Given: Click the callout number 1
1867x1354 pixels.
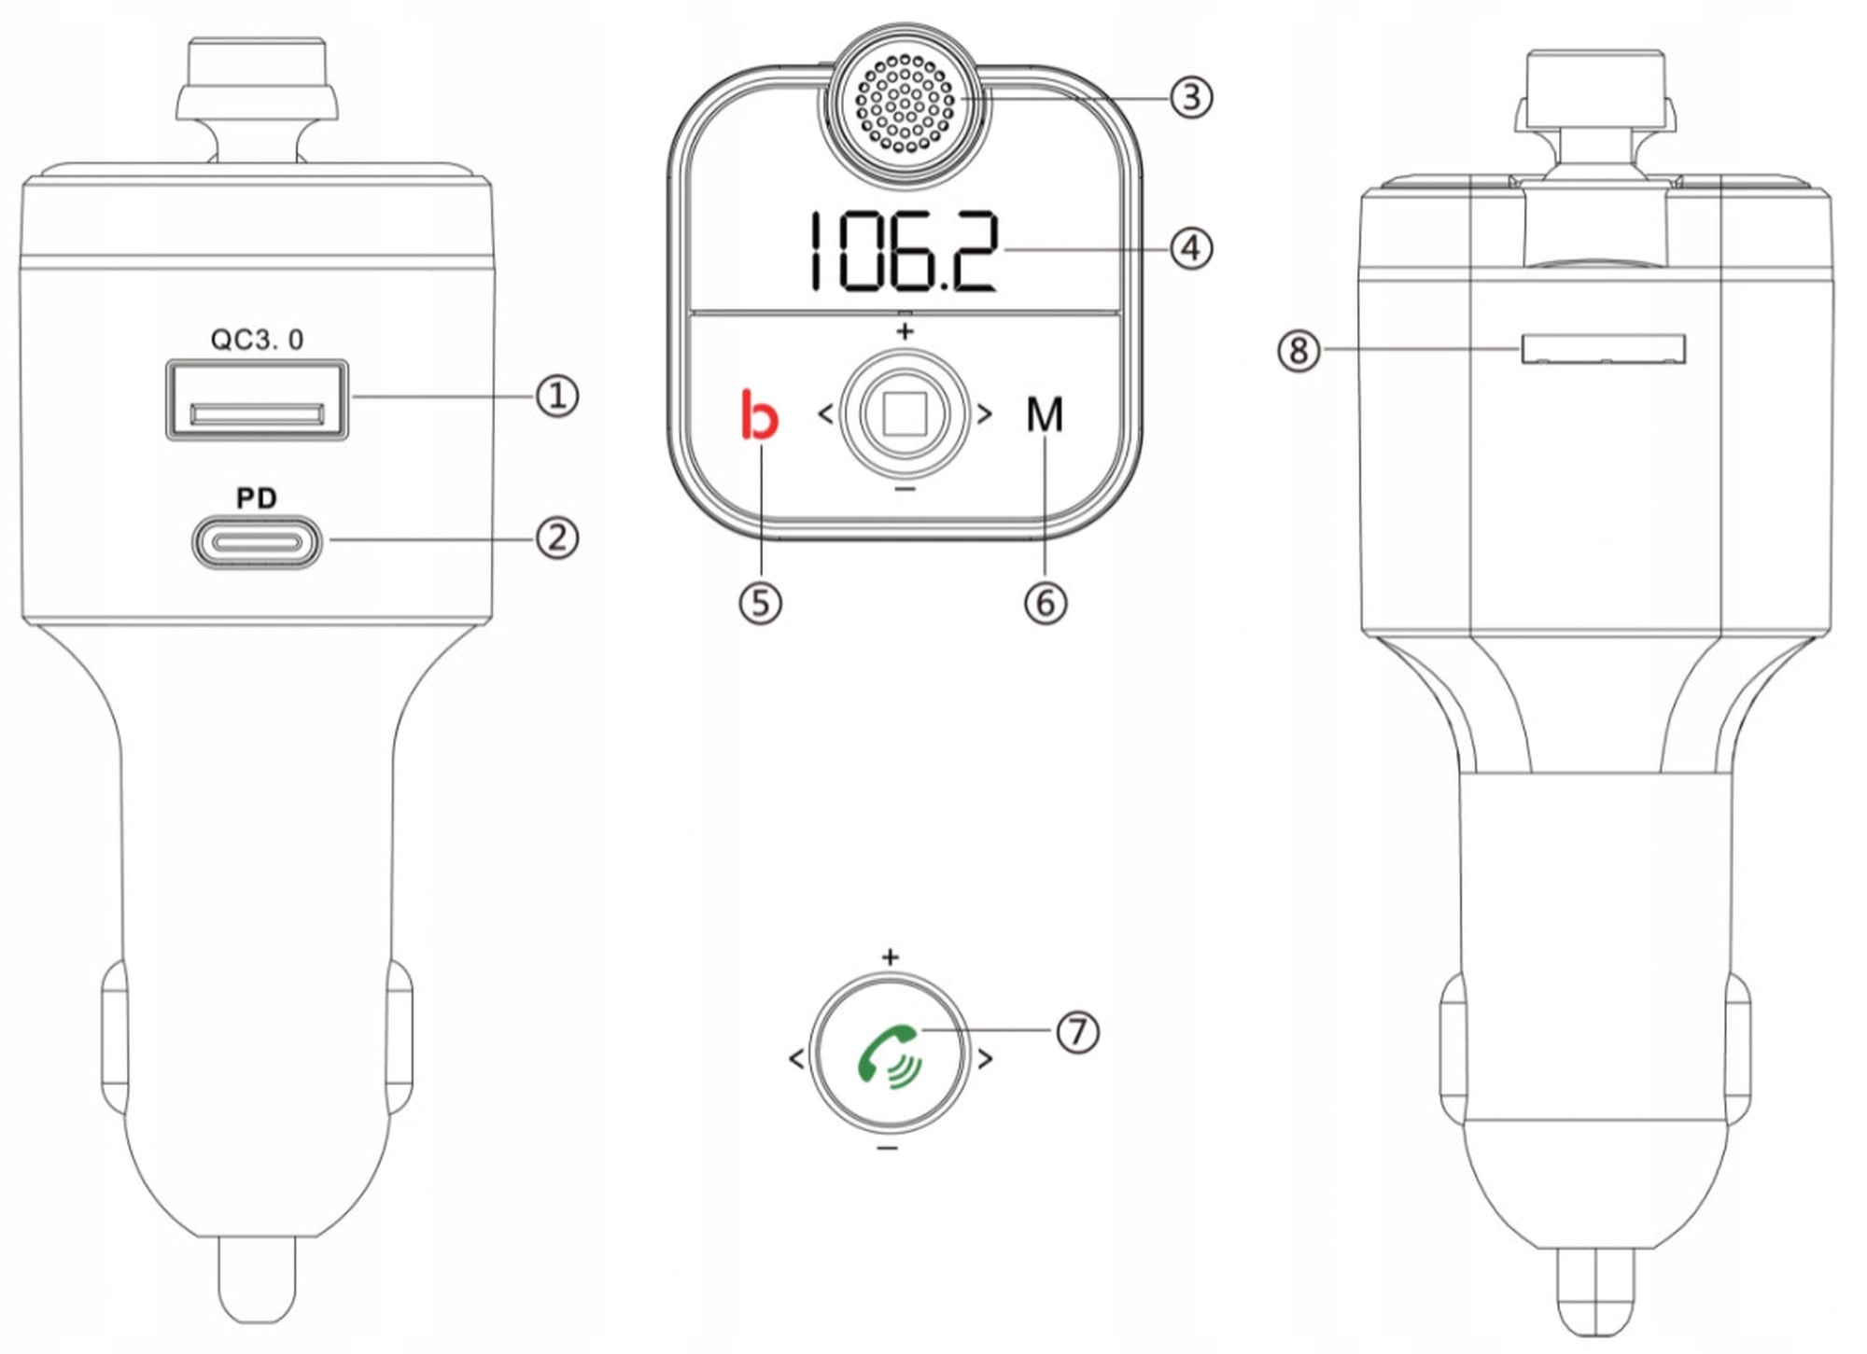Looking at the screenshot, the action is tap(557, 396).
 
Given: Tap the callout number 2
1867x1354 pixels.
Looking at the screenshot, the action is tap(557, 538).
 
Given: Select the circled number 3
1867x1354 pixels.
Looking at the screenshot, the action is tap(1191, 97).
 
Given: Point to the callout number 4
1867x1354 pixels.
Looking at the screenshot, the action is tap(1191, 249).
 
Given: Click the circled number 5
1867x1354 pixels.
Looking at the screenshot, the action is tap(761, 603).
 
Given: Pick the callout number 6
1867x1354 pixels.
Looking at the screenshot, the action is tap(1046, 603).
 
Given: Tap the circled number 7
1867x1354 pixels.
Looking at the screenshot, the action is tap(1078, 1032).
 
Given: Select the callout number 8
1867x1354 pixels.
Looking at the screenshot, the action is tap(1298, 351).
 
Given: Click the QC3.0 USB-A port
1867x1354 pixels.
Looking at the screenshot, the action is tap(257, 399).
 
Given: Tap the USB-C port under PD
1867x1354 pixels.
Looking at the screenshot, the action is tap(257, 542).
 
